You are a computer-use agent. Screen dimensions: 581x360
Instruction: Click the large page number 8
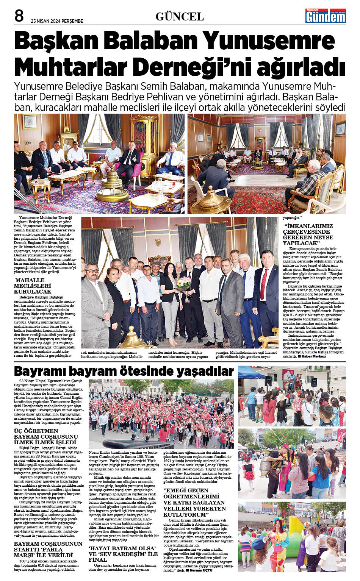click(x=19, y=16)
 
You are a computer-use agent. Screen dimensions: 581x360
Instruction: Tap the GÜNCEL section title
click(x=180, y=17)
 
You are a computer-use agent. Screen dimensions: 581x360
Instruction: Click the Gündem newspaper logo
click(x=326, y=16)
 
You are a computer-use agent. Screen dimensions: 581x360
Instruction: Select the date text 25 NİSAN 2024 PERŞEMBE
click(x=57, y=21)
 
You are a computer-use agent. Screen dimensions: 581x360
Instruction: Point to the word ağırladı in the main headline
click(x=301, y=67)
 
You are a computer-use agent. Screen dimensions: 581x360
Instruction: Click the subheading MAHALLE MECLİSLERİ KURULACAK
click(x=33, y=286)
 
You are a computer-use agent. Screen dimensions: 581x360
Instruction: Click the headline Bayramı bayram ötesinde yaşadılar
click(x=124, y=371)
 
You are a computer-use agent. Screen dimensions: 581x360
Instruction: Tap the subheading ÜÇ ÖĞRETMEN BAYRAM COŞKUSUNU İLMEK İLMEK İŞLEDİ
click(x=46, y=436)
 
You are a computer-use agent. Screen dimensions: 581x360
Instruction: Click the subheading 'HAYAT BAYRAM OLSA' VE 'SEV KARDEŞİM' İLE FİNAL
click(x=123, y=554)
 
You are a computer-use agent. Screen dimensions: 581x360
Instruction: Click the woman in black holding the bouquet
click(x=170, y=299)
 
